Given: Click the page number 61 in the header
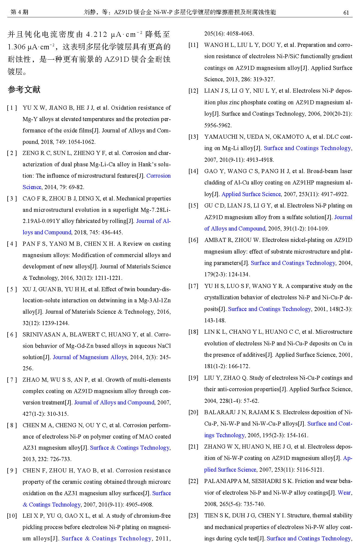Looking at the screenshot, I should click(346, 12).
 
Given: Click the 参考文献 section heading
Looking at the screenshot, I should click(24, 90).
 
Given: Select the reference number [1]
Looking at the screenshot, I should click(12, 108).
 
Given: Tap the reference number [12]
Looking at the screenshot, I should click(193, 91).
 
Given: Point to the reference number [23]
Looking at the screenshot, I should click(193, 515).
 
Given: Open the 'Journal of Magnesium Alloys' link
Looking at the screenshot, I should click(90, 357).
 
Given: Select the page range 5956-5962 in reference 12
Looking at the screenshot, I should click(218, 125).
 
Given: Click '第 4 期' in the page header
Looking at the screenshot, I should click(19, 12).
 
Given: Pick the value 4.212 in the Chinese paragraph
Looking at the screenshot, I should click(97, 35).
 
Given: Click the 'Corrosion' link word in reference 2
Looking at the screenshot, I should click(158, 176).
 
